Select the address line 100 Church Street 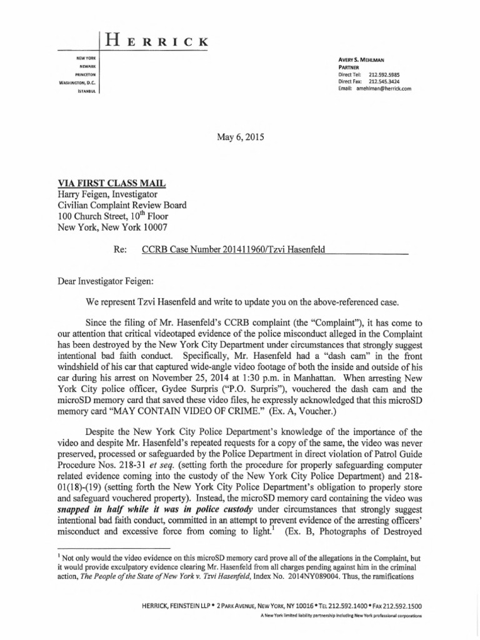pyautogui.click(x=114, y=216)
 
